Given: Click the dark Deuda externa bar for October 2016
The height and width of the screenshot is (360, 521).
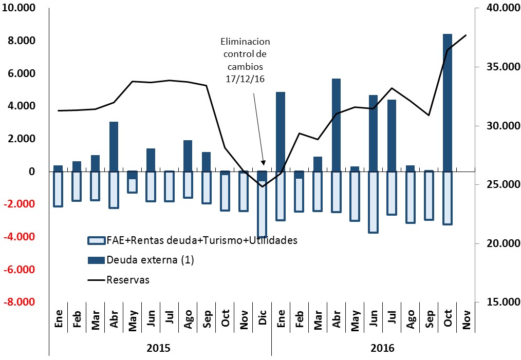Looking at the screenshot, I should coord(447,103).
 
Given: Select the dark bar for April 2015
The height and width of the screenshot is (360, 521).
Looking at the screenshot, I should coord(114,146).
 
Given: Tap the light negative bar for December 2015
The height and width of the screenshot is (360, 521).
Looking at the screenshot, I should coord(262,208).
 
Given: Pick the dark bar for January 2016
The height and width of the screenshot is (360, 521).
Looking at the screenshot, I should coord(281,131).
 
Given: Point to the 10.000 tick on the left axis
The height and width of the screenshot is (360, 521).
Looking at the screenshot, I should coord(19,9).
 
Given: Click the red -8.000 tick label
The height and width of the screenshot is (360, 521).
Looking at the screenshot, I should coord(20,302).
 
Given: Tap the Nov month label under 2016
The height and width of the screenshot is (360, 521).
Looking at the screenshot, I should coord(467,321).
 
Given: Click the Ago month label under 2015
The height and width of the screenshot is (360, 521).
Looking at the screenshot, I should coord(188,321).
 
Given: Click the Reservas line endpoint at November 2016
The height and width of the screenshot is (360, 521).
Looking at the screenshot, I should coord(466,35).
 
